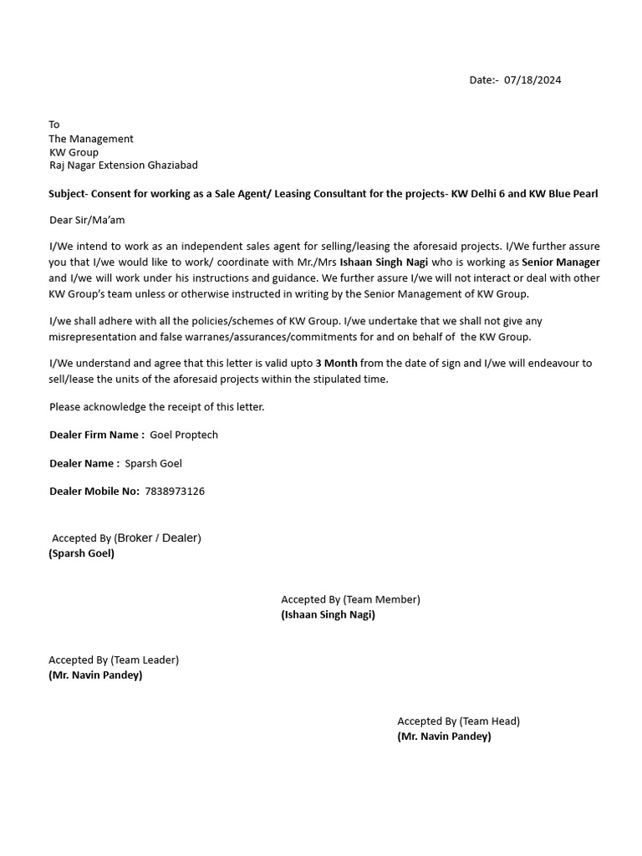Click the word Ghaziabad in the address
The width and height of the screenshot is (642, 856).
171,166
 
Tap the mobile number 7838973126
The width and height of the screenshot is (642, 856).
175,492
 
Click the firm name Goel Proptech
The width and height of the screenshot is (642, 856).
184,435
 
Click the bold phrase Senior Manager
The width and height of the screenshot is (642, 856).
561,262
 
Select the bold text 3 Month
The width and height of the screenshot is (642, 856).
336,364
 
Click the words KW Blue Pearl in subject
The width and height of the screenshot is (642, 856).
563,194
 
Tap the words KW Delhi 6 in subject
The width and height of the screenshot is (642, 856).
477,194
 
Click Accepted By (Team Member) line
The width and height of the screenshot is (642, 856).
350,599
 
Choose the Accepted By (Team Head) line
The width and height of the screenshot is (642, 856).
458,721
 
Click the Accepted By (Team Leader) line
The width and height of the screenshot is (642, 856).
114,660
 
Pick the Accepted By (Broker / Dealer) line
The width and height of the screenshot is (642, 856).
126,538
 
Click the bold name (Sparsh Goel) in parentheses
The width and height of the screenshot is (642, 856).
82,553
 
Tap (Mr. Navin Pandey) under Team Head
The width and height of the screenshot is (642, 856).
444,736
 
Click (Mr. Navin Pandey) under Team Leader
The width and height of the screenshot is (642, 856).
95,675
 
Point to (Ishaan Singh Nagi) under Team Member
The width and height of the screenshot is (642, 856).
328,614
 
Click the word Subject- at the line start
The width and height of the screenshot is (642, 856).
68,194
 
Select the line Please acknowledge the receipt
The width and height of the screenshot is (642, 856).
156,407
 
